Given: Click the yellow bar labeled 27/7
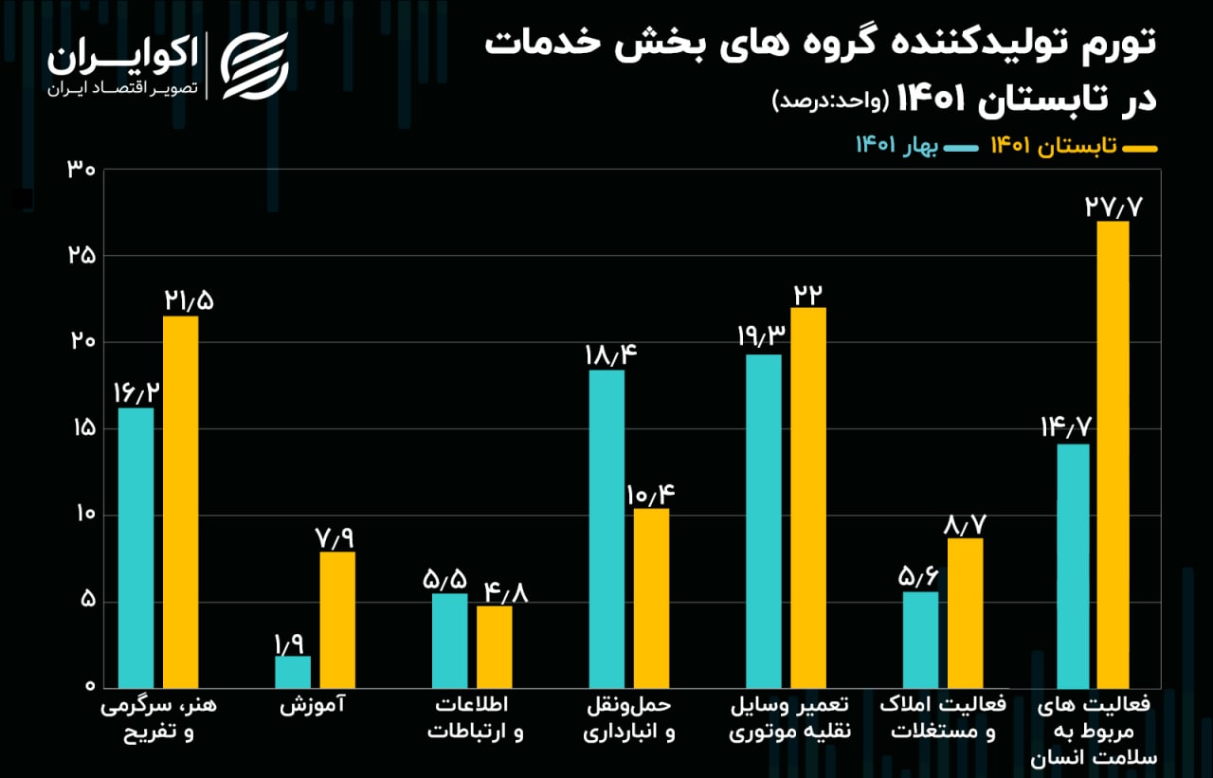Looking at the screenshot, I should pyautogui.click(x=1111, y=454).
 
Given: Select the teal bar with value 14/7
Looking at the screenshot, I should pyautogui.click(x=1071, y=566).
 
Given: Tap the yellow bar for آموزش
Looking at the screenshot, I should pyautogui.click(x=337, y=620).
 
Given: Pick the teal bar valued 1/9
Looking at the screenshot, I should pyautogui.click(x=293, y=672).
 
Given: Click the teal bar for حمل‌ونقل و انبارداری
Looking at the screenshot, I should pyautogui.click(x=606, y=529).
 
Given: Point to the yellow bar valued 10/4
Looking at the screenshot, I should pyautogui.click(x=651, y=598).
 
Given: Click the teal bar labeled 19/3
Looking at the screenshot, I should pyautogui.click(x=764, y=521).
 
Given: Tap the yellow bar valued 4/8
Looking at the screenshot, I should pyautogui.click(x=495, y=646).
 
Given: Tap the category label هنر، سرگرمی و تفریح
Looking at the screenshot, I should pyautogui.click(x=158, y=719).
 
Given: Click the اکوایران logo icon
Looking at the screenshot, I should pyautogui.click(x=254, y=65).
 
